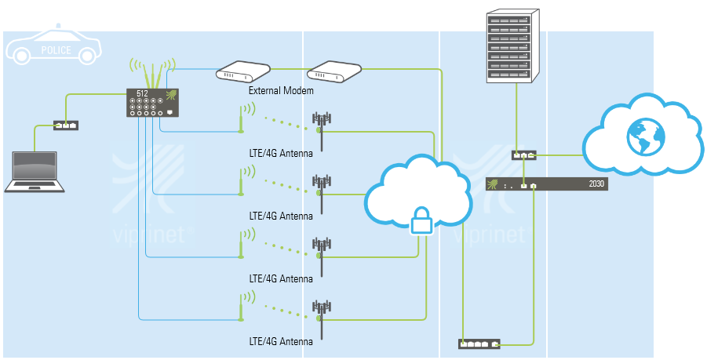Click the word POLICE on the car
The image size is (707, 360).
tap(54, 51)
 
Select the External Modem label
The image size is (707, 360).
tap(281, 91)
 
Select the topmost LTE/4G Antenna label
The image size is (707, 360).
tap(281, 153)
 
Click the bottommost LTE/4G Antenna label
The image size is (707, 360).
tap(281, 341)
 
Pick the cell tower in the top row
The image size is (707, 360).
tap(321, 129)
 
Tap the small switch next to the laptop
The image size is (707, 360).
tap(66, 125)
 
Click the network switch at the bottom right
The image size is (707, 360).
tap(479, 344)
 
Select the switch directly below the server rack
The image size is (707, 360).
tap(523, 155)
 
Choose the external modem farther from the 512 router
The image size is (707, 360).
tap(333, 72)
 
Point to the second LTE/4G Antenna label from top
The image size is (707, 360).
tap(281, 216)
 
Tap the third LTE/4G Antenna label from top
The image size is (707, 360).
tap(281, 278)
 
